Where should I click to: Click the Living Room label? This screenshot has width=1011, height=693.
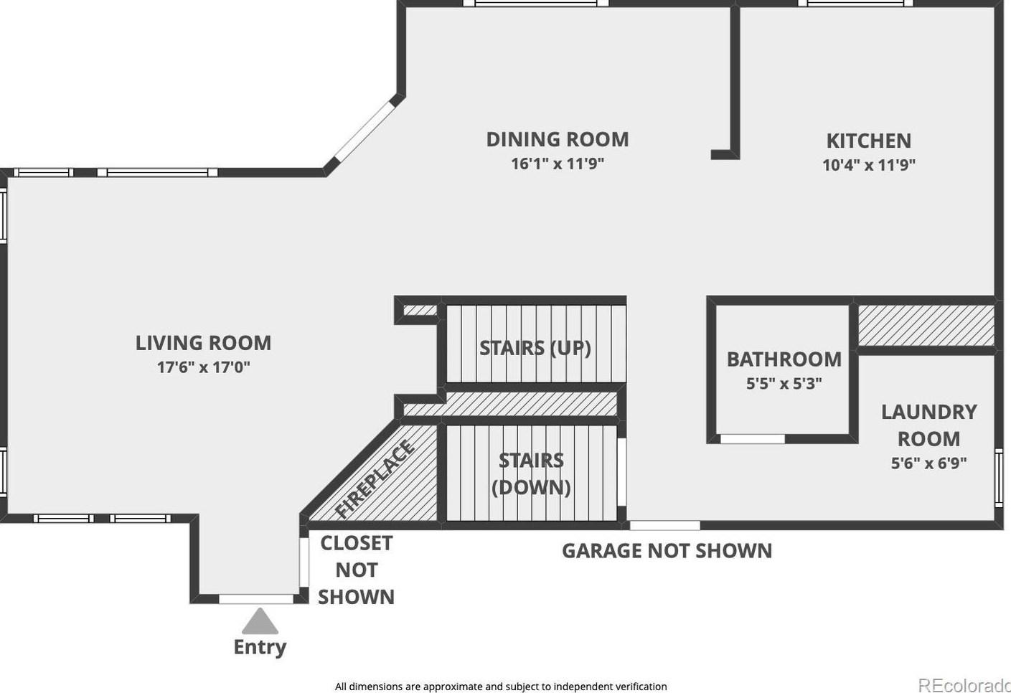coord(204,343)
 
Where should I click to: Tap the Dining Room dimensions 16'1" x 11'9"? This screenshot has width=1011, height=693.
coord(558,164)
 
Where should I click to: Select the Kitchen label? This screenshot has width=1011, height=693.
coord(869,141)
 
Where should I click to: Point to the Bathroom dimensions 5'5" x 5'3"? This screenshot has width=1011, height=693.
coord(784,384)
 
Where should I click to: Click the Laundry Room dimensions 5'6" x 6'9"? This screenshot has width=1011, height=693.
coord(929,463)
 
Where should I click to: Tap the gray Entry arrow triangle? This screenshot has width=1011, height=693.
coord(260,621)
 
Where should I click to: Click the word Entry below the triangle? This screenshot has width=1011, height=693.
coord(260,647)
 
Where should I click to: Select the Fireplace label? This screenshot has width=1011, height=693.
coord(375,478)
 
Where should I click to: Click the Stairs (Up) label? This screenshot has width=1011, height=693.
coord(535,349)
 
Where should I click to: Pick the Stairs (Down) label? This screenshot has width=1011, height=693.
coord(531,474)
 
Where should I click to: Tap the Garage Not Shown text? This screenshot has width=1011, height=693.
coord(667,551)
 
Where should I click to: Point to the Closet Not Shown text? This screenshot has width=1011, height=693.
coord(356,570)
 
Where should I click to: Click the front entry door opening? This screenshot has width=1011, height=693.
coord(256,599)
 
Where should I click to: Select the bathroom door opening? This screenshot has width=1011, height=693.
coord(753,438)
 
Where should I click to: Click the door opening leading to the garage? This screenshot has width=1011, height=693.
coord(665,525)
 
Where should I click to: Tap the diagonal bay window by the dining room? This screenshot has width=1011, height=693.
coord(364,131)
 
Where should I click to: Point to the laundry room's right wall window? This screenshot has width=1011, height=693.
coord(1000,478)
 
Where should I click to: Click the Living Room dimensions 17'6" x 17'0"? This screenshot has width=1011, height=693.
coord(204,367)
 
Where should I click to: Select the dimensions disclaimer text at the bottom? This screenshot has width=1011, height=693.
coord(501,687)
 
